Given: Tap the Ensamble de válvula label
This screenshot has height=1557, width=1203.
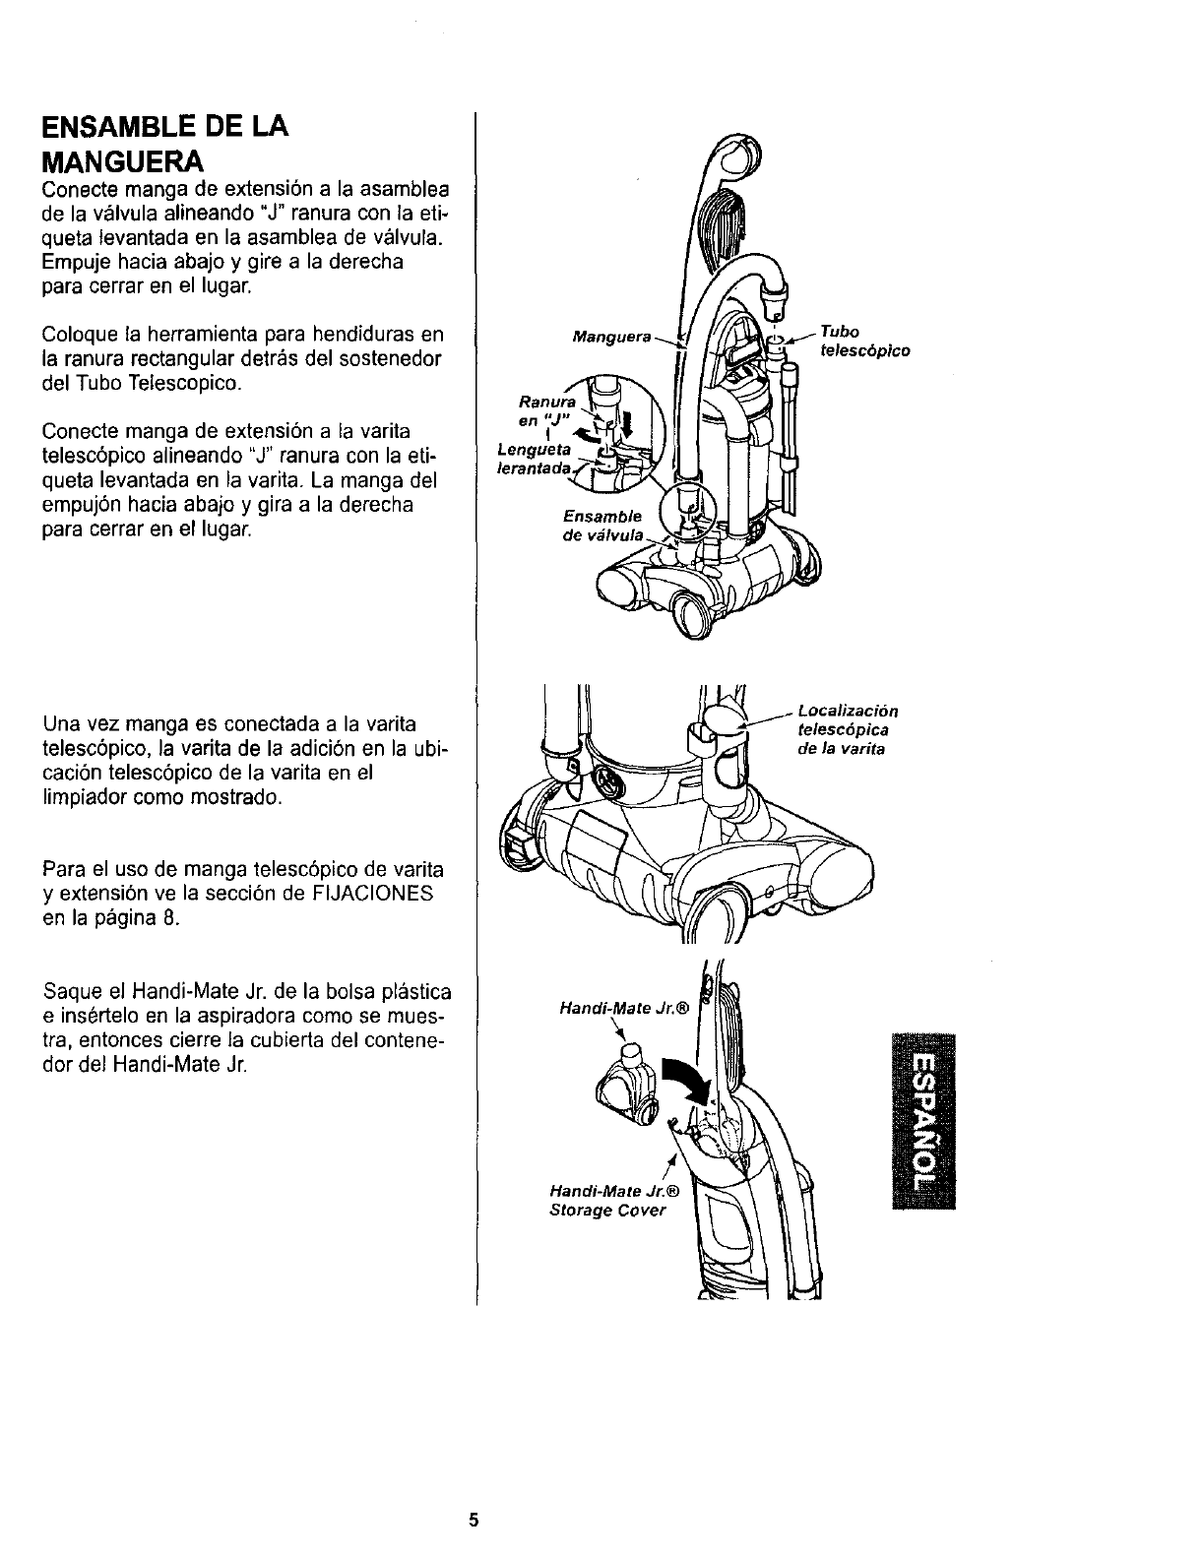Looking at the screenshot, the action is click(x=602, y=526).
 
